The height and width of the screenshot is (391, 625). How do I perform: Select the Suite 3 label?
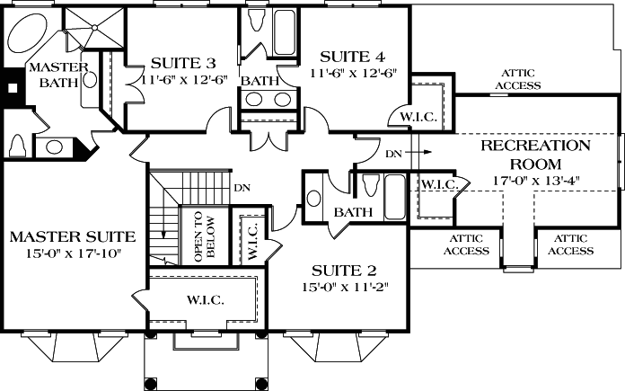click(x=182, y=63)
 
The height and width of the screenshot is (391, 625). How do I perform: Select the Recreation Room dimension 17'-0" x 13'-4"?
click(x=535, y=180)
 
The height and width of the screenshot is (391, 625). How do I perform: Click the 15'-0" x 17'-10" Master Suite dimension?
click(x=72, y=254)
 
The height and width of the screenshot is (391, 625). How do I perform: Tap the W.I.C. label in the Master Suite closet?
click(x=205, y=298)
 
